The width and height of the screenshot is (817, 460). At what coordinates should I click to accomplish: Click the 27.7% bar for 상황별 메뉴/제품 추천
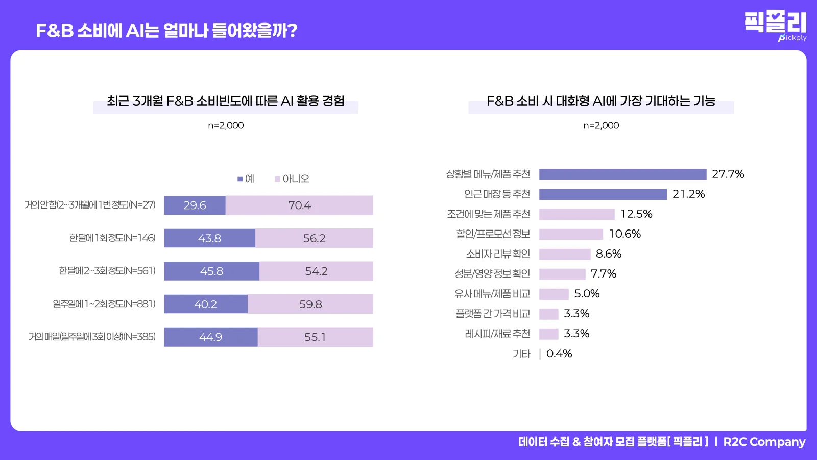click(x=622, y=174)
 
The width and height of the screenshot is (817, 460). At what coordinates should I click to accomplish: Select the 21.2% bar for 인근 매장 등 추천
click(x=603, y=194)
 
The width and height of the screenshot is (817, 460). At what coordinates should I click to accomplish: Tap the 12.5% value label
click(x=636, y=214)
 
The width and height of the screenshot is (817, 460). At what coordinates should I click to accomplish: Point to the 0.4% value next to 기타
click(x=559, y=354)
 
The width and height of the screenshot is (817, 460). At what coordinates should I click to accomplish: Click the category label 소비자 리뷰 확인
click(x=498, y=254)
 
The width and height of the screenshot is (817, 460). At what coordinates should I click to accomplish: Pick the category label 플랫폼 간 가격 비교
click(x=493, y=314)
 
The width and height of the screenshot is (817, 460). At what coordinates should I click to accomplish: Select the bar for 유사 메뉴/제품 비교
click(x=554, y=294)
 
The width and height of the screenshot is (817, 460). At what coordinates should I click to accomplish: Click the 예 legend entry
click(x=246, y=179)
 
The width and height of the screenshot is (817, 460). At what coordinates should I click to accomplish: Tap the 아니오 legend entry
click(x=292, y=179)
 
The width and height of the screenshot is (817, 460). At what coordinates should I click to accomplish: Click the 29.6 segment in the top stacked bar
click(x=195, y=205)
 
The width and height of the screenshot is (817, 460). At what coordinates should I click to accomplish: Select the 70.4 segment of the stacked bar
click(x=299, y=205)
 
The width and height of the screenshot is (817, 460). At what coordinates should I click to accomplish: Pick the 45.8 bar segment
click(x=211, y=271)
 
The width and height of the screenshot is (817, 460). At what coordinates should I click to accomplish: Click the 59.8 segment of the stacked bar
click(x=310, y=304)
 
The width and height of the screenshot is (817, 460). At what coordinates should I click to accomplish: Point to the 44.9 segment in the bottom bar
click(x=210, y=337)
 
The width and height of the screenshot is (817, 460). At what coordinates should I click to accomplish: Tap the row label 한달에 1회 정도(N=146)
click(x=112, y=238)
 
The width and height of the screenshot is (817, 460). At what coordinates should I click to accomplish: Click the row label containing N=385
click(x=92, y=337)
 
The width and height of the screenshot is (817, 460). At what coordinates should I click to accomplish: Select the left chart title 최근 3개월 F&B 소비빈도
click(x=225, y=101)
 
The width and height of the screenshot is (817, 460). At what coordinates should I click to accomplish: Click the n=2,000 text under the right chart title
click(x=601, y=126)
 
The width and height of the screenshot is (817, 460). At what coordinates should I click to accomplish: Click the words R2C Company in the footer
click(x=764, y=442)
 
